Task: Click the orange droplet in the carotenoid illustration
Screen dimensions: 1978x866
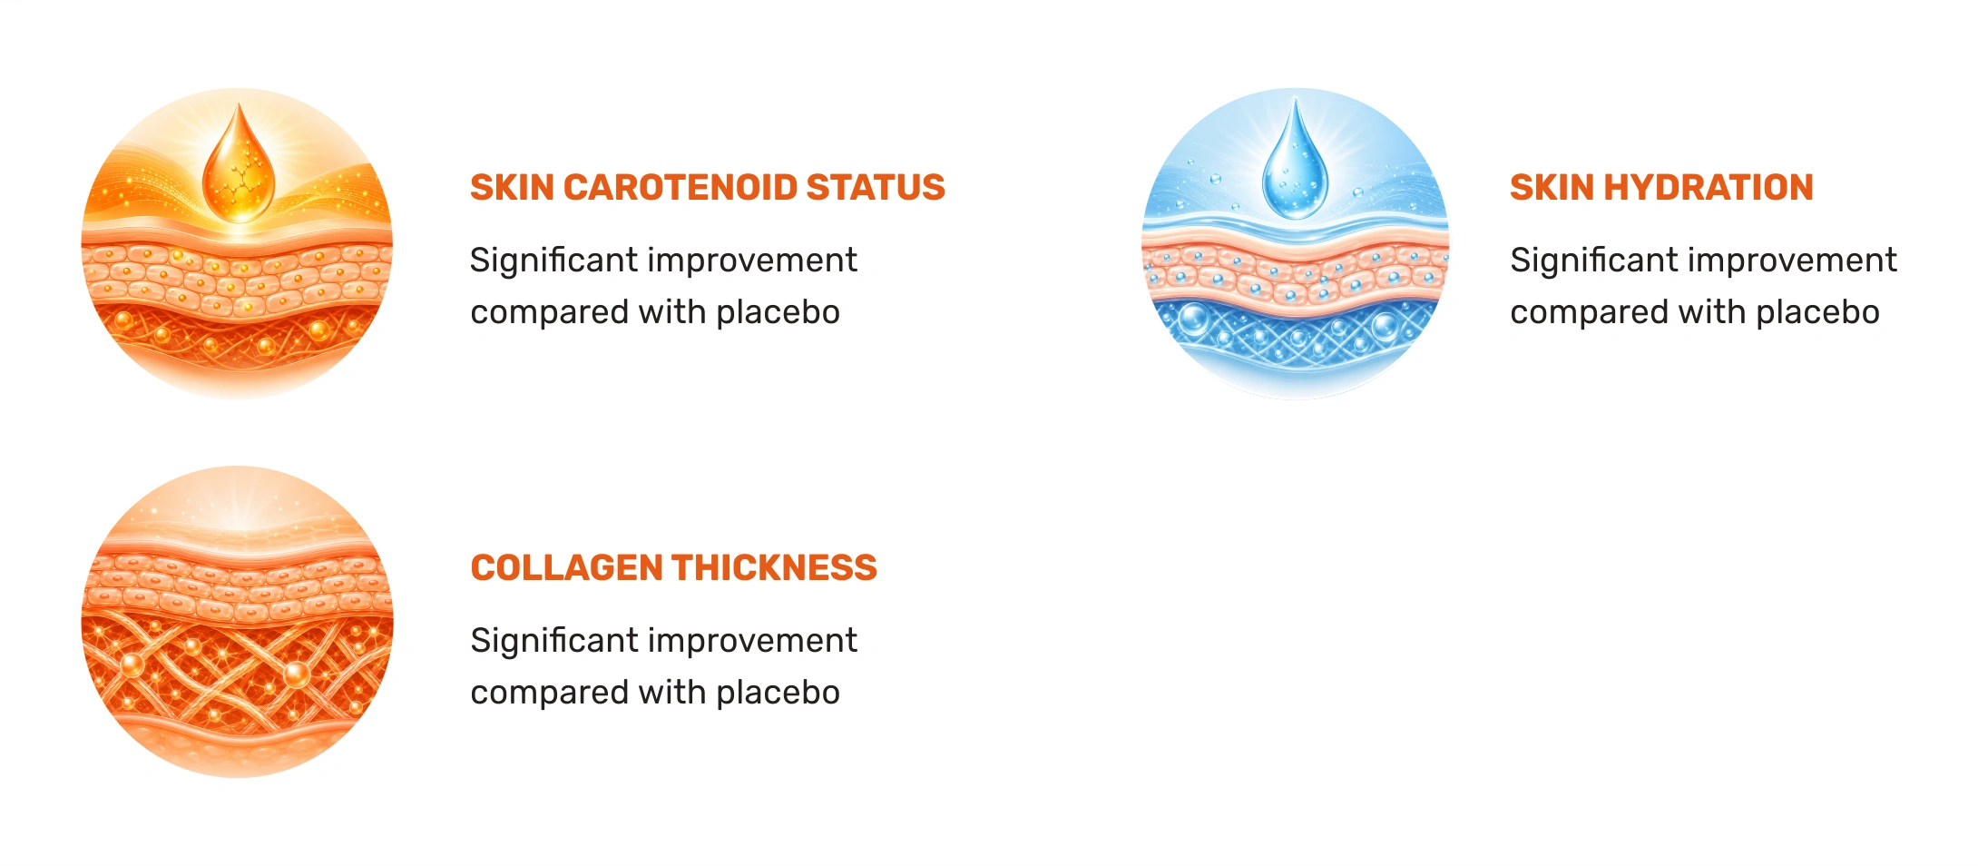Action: pos(238,168)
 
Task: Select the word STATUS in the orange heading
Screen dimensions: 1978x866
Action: pos(876,187)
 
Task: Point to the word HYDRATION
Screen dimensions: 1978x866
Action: pos(1709,187)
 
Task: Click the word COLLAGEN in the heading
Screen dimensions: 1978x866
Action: pos(567,567)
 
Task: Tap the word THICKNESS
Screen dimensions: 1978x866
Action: pos(775,567)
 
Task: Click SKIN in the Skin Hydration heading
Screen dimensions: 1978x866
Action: pos(1552,187)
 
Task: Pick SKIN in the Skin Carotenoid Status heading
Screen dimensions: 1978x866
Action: pos(512,187)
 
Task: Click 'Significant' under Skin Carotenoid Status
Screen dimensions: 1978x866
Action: pos(554,261)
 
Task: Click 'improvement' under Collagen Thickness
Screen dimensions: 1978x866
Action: pos(753,642)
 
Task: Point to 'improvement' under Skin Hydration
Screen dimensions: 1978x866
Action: pos(1793,261)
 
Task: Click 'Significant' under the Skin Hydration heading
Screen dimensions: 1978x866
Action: pos(1594,261)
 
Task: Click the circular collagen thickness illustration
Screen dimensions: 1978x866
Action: pos(238,622)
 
